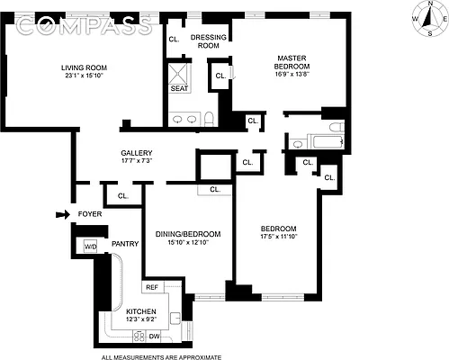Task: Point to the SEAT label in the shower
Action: click(x=179, y=88)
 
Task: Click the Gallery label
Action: click(x=137, y=153)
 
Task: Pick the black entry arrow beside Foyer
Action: click(x=61, y=214)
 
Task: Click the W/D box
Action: click(x=91, y=246)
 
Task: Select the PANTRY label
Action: click(x=123, y=244)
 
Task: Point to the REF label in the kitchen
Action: click(x=152, y=287)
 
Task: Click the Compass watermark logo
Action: click(x=85, y=27)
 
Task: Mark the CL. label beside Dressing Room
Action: click(x=174, y=39)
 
